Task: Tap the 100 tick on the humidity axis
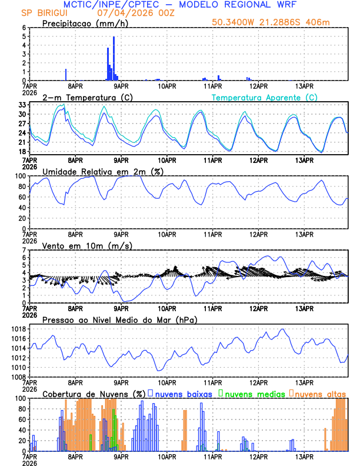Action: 20,176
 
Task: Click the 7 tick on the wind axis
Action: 24,250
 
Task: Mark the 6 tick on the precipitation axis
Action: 24,28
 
